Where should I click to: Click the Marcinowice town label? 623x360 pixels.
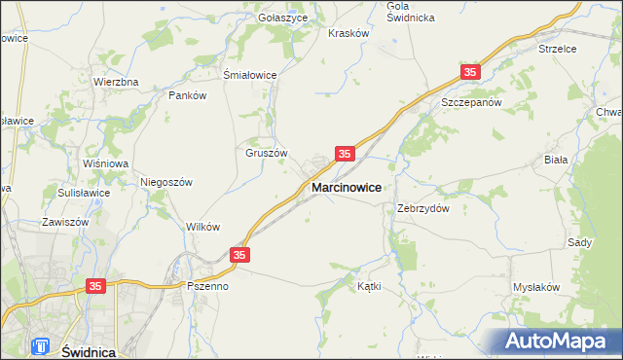(x=346, y=186)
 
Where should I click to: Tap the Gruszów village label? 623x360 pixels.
(x=264, y=153)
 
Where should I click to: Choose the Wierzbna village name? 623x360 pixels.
(x=116, y=82)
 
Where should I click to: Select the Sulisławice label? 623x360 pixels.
(x=83, y=193)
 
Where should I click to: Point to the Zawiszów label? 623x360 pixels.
(x=65, y=222)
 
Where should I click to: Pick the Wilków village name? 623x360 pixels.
(x=202, y=226)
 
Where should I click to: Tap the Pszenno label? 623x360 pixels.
(x=207, y=287)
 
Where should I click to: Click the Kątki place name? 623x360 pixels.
(x=369, y=287)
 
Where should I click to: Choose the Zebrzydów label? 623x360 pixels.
(x=422, y=208)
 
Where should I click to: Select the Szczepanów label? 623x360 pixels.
(x=470, y=102)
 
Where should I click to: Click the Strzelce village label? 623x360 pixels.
(x=558, y=48)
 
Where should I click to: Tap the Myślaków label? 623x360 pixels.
(x=536, y=287)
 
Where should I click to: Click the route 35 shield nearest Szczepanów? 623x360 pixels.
(x=471, y=73)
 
